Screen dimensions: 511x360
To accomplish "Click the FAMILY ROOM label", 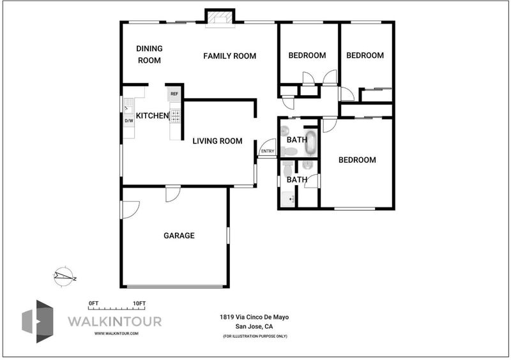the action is click(229, 56).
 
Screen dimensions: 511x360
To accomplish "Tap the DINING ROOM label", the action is click(149, 54).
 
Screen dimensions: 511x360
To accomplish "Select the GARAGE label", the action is click(179, 236).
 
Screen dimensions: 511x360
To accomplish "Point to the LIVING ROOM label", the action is click(217, 141).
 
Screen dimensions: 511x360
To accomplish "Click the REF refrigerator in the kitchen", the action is click(174, 94).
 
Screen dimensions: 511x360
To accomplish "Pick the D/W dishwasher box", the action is click(129, 121).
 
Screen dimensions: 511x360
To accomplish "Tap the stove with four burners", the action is click(175, 116).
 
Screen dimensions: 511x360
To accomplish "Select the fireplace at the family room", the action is click(219, 19).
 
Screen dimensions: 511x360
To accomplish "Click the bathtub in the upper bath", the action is click(311, 143).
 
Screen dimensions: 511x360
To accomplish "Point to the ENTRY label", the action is click(268, 151).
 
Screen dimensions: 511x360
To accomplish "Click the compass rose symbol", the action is click(65, 276).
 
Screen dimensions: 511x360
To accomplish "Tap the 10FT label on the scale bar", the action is click(139, 303).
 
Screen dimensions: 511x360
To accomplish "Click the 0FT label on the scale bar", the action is click(93, 303).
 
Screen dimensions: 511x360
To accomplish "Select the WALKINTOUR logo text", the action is click(115, 322).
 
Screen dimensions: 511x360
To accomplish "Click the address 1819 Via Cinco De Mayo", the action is click(254, 317).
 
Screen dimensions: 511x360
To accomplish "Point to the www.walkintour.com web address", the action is click(116, 333).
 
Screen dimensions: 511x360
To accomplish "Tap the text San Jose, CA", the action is click(254, 326).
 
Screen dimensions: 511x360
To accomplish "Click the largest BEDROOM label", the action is click(357, 160).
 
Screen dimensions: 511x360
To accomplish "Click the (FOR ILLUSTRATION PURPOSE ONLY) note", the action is click(255, 336).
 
